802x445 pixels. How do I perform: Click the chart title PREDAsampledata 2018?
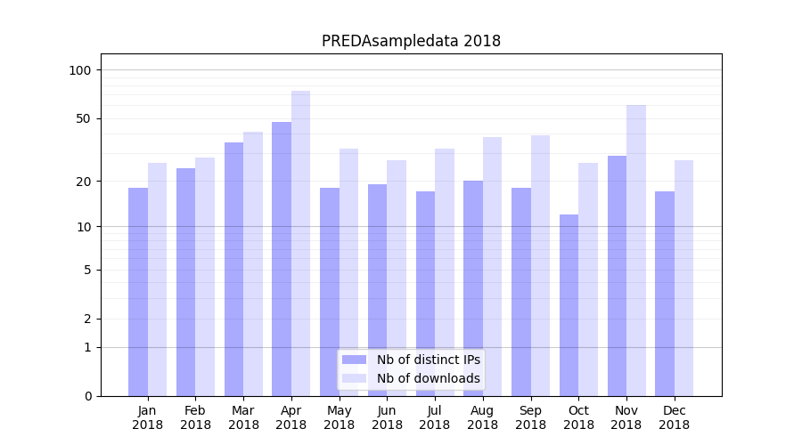pyautogui.click(x=411, y=41)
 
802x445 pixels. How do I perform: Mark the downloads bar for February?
pyautogui.click(x=205, y=276)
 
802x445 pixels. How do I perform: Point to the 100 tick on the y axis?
pyautogui.click(x=80, y=70)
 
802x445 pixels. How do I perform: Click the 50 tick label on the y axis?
pyautogui.click(x=84, y=118)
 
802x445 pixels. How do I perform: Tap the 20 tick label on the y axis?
pyautogui.click(x=84, y=182)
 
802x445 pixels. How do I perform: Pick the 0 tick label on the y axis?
pyautogui.click(x=87, y=396)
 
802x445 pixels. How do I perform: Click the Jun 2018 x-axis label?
pyautogui.click(x=387, y=417)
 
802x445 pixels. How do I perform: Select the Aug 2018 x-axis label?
pyautogui.click(x=482, y=417)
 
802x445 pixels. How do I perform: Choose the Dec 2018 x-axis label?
pyautogui.click(x=674, y=417)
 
